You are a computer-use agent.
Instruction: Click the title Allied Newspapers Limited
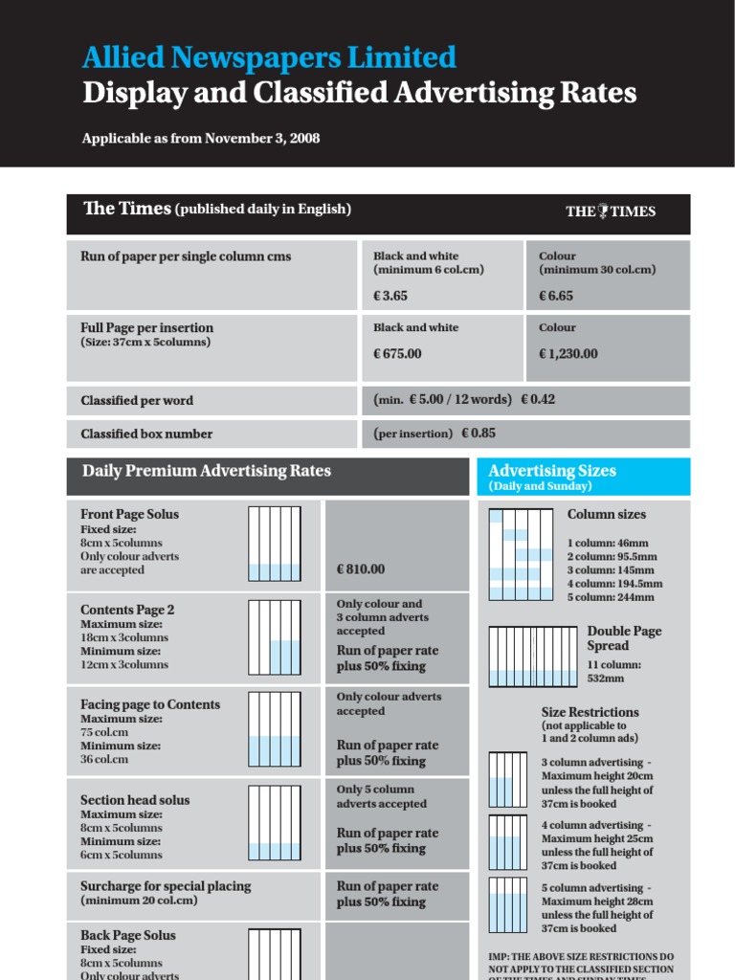[269, 58]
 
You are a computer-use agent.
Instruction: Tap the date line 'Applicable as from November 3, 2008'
[201, 139]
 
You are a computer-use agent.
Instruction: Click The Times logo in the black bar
[611, 212]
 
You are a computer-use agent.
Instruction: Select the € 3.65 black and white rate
[390, 297]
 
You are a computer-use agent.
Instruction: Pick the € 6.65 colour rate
[556, 297]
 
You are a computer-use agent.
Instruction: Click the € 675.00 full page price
[397, 354]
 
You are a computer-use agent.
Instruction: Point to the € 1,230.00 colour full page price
[568, 354]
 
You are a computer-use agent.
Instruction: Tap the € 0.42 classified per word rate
[538, 400]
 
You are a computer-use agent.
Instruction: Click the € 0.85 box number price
[479, 434]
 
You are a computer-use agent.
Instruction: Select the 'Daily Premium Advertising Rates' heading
[207, 471]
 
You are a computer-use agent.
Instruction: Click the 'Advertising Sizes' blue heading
[552, 471]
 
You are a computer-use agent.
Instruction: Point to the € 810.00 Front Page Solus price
[361, 569]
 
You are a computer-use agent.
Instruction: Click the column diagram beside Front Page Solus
[275, 543]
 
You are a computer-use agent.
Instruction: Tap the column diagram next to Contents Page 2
[275, 636]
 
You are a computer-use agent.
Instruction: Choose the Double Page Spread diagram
[533, 657]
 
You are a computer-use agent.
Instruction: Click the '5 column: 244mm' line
[611, 597]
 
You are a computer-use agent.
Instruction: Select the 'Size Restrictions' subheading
[590, 712]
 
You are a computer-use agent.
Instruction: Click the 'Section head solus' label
[135, 800]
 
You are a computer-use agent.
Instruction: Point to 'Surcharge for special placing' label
[166, 886]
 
